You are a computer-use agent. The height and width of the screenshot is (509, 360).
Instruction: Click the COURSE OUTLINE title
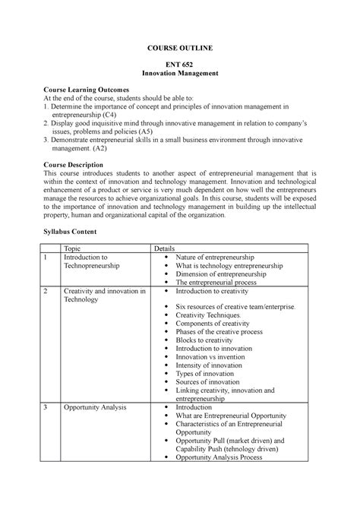(x=180, y=48)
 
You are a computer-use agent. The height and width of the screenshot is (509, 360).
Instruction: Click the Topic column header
(x=73, y=248)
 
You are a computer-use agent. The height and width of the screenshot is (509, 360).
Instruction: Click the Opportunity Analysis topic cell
(x=95, y=407)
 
